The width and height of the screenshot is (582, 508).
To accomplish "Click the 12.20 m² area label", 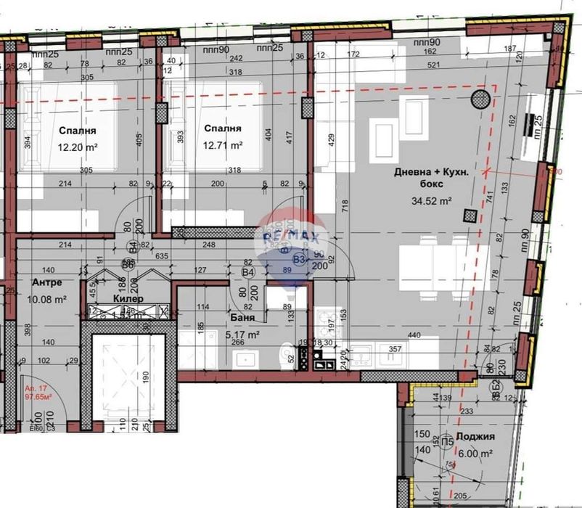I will pyautogui.click(x=78, y=146).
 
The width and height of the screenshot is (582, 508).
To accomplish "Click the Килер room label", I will pyautogui.click(x=128, y=298).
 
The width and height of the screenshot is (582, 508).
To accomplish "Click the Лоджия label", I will pyautogui.click(x=477, y=437).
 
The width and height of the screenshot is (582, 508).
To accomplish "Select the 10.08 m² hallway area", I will pyautogui.click(x=47, y=298).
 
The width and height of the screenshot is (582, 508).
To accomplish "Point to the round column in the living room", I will pyautogui.click(x=480, y=99).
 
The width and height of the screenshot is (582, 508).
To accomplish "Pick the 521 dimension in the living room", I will pyautogui.click(x=434, y=65).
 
